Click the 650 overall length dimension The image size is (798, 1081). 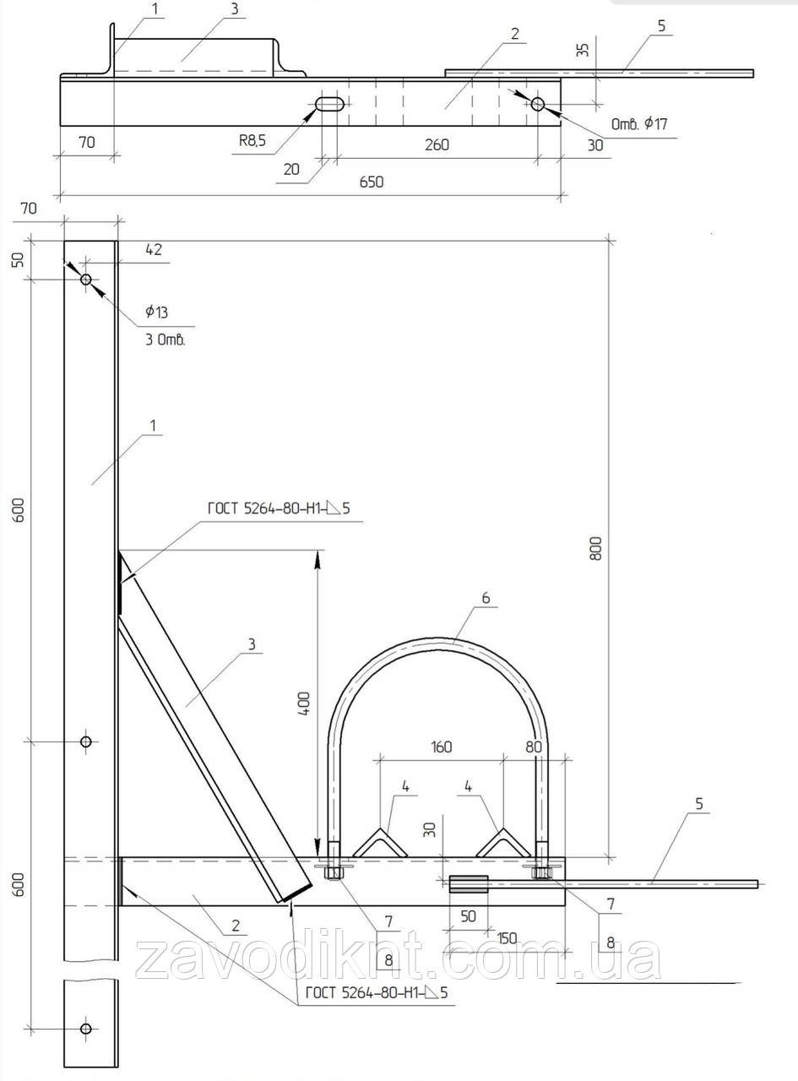tap(372, 182)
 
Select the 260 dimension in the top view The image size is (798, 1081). tap(437, 144)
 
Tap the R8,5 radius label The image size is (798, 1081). tap(252, 141)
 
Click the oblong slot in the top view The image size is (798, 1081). tap(330, 104)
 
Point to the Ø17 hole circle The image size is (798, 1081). tap(538, 104)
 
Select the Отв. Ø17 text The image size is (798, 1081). tap(639, 124)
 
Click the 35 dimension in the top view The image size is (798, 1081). tap(583, 50)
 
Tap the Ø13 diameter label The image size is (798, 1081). tap(156, 312)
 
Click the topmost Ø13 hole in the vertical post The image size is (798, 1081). tap(86, 280)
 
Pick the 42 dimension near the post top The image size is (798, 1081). tap(154, 249)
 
